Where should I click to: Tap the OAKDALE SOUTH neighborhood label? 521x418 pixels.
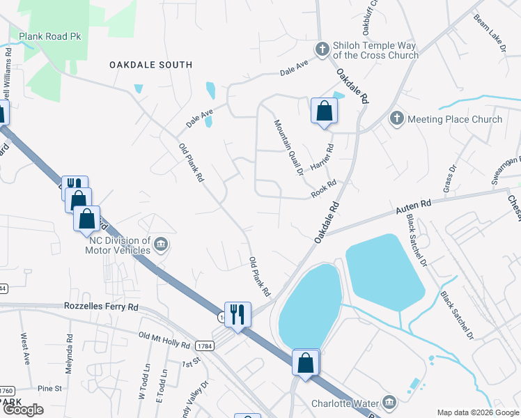pos(150,65)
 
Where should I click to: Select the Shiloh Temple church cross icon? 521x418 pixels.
pos(322,49)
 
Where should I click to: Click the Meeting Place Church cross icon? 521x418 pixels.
pos(397,118)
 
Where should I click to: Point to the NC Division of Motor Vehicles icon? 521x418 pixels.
pos(161,244)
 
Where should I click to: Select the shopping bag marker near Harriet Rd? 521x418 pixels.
pos(324,111)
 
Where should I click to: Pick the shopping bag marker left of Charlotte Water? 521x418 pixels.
pos(305,363)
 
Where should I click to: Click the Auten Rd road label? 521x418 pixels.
pos(414,206)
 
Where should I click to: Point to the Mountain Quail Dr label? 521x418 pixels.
pos(288,147)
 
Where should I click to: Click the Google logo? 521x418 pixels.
pos(23,410)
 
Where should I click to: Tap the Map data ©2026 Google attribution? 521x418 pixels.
pos(478,412)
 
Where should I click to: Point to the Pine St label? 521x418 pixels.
pos(50,388)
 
